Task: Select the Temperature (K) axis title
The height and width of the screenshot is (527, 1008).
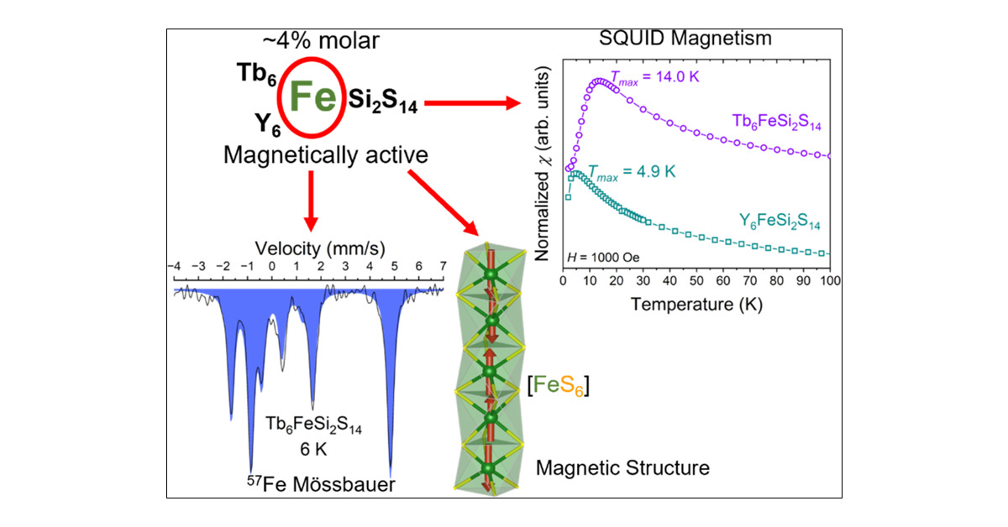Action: pyautogui.click(x=696, y=304)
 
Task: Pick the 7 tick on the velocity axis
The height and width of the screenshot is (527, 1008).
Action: pyautogui.click(x=442, y=266)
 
